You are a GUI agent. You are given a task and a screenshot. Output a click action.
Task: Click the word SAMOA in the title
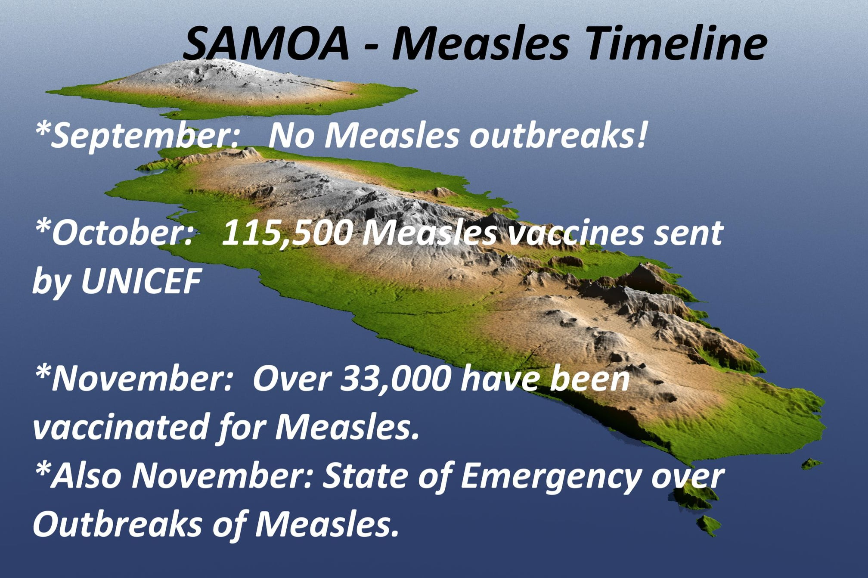266,44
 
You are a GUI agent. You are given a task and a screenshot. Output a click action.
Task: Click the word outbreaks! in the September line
558,135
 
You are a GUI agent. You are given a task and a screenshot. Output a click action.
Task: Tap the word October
114,233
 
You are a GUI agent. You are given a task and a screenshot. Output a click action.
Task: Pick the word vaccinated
121,426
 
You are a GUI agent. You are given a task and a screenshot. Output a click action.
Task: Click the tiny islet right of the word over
811,464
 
